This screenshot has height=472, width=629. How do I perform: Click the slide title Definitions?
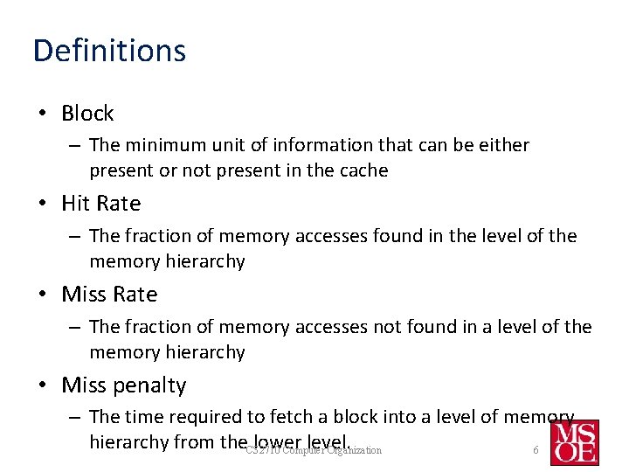click(x=109, y=51)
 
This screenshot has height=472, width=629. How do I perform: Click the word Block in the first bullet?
click(x=87, y=114)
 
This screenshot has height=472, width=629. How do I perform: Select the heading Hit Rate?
click(x=100, y=204)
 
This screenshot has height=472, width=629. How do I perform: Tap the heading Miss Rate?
click(x=109, y=295)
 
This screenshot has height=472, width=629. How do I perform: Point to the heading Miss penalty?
click(x=123, y=385)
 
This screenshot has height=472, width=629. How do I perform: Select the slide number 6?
click(x=536, y=450)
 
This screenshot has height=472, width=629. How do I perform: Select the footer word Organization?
click(x=354, y=450)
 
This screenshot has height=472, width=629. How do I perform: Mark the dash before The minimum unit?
click(x=74, y=145)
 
